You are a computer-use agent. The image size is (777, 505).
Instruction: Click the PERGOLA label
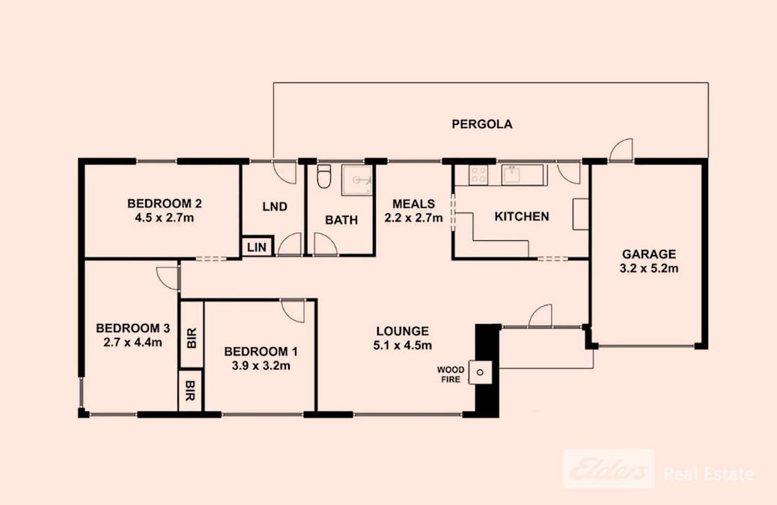[481, 125]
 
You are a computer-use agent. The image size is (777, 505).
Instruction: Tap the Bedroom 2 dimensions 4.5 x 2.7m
[165, 218]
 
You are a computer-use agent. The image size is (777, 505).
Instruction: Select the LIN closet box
[257, 247]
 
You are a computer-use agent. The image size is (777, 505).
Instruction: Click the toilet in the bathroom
[323, 178]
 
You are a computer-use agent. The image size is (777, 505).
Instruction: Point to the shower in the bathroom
[357, 180]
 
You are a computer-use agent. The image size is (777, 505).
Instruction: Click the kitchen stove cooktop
[477, 175]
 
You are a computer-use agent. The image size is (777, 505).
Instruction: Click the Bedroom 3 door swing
[168, 278]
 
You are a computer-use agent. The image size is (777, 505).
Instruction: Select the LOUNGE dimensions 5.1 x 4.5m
[402, 345]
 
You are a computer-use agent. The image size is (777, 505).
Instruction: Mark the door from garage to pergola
[621, 151]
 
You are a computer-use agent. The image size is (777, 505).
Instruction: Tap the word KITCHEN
[522, 217]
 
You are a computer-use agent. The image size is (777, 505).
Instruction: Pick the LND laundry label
[275, 206]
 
